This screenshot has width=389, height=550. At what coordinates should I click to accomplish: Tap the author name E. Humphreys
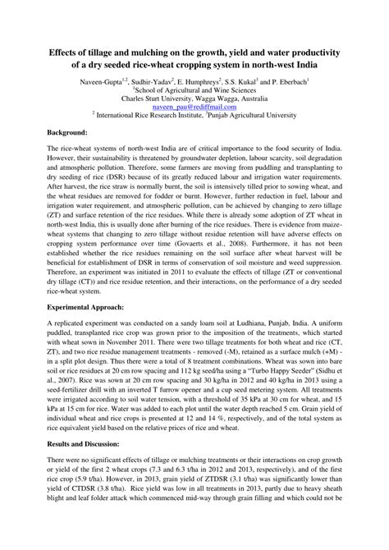[x=217, y=83]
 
